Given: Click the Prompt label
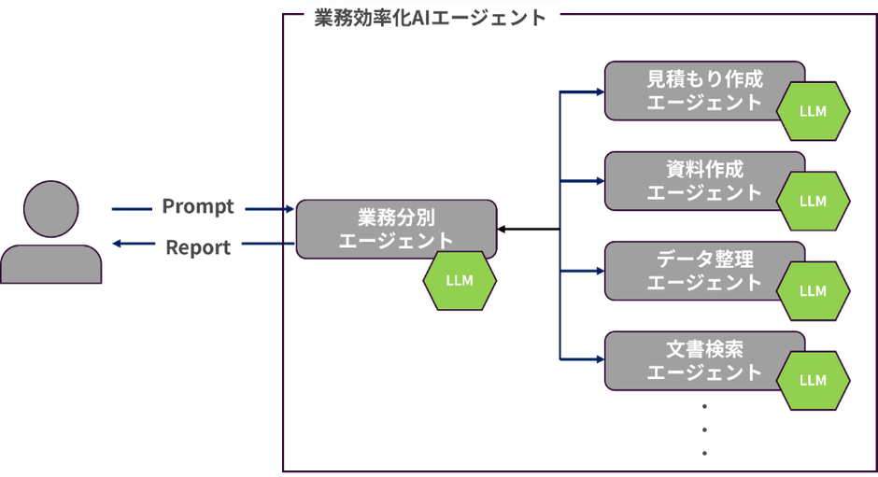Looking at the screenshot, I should coord(198,205).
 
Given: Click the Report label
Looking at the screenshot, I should coord(198,247).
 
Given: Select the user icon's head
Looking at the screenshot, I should coord(52,210).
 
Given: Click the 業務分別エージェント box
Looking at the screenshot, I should coord(395,228).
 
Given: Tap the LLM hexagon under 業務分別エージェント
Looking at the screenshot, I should coord(460,280).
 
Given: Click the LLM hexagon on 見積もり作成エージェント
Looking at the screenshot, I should coord(813,111).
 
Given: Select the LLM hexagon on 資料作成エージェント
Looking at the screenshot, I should coord(813,201).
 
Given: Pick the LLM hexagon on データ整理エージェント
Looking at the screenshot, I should coord(813,290).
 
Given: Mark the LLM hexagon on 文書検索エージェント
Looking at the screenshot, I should coord(813,380).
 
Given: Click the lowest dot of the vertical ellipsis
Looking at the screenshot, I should coord(705,453).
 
